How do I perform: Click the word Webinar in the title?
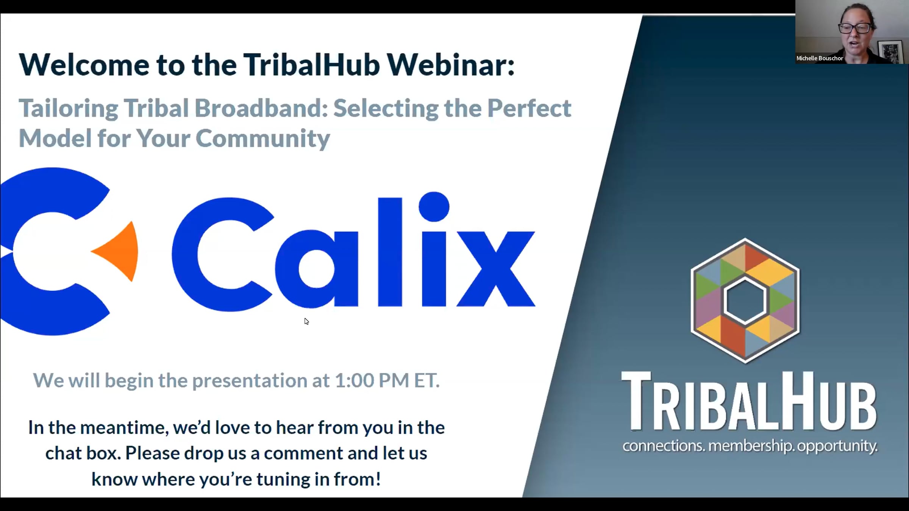(x=450, y=65)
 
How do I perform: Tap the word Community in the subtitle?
(x=263, y=139)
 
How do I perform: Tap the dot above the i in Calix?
(x=434, y=207)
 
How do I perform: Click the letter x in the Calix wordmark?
(x=496, y=269)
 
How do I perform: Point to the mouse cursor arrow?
(x=306, y=321)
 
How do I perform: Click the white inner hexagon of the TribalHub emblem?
(x=745, y=300)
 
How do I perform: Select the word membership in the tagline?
(x=750, y=446)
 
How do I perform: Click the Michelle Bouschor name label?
(x=820, y=58)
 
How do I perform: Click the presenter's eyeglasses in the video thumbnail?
(x=854, y=28)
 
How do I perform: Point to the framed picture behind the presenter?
(x=891, y=51)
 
